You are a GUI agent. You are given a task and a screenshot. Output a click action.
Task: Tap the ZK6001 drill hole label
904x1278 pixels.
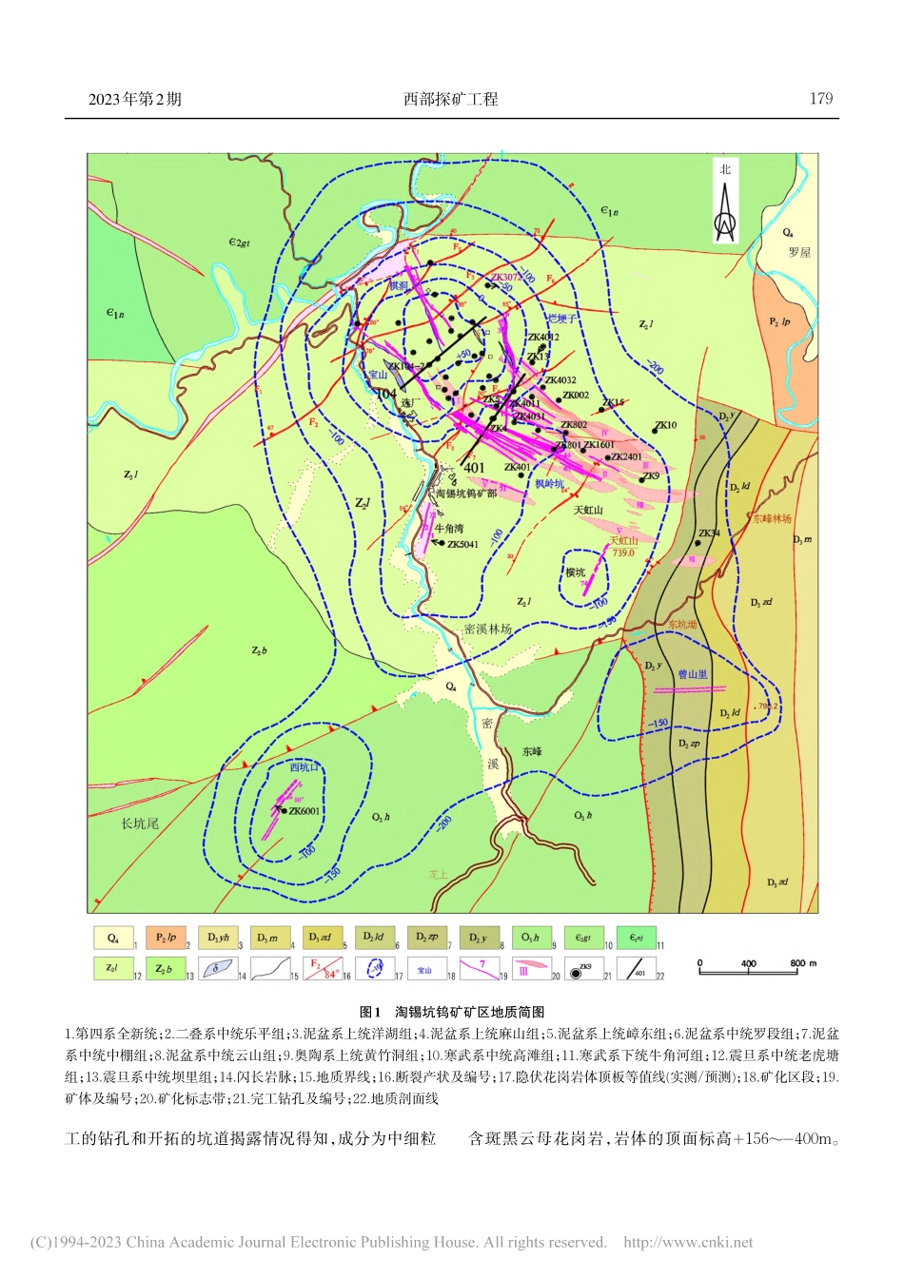304,811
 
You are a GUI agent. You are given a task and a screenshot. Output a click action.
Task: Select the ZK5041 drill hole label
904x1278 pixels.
462,545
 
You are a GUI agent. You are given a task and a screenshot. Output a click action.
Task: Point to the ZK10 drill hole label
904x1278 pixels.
665,425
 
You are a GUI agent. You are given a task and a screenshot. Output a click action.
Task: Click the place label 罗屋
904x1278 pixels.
799,253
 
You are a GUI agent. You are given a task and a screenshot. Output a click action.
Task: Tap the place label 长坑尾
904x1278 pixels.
140,823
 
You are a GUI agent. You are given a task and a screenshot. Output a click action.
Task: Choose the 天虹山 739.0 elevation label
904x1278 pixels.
623,547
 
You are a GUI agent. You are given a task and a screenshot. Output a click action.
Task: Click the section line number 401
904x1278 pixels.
474,468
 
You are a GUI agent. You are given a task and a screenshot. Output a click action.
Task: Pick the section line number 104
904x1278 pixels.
385,394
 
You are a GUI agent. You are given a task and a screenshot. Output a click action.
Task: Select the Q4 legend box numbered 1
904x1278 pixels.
113,939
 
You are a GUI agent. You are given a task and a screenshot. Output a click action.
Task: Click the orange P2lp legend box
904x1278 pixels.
166,939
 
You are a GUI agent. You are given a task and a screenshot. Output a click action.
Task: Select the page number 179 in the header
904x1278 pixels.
820,99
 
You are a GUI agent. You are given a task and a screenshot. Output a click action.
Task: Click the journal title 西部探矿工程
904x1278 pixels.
451,99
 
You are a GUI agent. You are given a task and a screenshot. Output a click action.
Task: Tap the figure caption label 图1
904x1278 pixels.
370,1012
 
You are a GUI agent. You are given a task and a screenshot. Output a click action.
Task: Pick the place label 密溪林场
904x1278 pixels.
487,629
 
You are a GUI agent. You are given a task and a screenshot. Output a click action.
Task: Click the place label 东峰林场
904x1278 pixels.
772,519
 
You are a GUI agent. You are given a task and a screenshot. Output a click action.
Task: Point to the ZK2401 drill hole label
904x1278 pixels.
626,457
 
